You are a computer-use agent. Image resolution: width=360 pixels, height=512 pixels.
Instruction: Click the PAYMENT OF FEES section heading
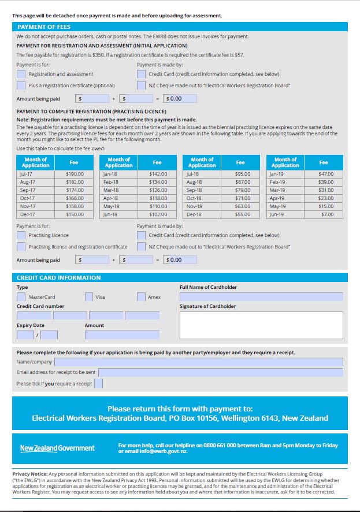tap(44, 27)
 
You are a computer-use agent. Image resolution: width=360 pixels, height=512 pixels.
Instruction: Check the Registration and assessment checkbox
tap(21, 74)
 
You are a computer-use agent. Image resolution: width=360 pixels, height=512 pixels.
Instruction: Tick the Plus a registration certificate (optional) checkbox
tap(21, 86)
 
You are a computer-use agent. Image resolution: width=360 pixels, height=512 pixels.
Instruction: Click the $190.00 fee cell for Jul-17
tap(75, 174)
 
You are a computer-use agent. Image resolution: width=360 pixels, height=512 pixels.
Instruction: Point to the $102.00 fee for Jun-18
tap(158, 214)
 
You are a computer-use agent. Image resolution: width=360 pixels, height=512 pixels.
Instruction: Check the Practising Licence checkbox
tap(21, 235)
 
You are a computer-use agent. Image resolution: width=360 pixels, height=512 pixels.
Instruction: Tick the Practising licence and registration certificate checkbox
tap(21, 247)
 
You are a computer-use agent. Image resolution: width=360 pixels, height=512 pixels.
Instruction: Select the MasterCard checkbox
tap(21, 297)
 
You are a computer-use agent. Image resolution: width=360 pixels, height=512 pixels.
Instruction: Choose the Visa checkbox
tap(89, 297)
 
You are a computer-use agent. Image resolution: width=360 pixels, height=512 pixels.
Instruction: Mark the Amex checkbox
tap(142, 297)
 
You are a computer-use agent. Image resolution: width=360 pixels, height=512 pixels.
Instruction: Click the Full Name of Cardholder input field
tap(261, 297)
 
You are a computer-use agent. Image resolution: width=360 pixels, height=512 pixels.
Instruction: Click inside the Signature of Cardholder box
tap(261, 325)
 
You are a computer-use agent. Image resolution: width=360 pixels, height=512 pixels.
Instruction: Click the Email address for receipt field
tap(221, 373)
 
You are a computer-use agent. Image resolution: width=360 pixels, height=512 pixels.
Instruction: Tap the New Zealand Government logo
tap(57, 448)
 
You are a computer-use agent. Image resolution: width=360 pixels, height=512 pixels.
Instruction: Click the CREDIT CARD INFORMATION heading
tap(58, 278)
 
